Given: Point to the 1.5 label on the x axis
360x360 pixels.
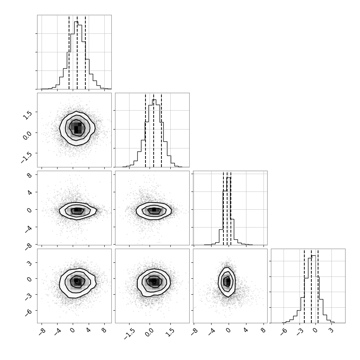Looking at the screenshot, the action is pyautogui.click(x=170, y=333).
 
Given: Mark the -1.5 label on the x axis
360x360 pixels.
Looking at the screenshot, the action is pyautogui.click(x=129, y=334).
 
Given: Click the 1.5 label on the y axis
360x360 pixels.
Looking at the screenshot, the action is pyautogui.click(x=27, y=115).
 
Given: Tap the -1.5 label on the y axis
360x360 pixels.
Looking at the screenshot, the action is pyautogui.click(x=26, y=157).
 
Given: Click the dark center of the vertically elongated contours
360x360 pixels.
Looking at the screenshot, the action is pyautogui.click(x=228, y=281).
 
